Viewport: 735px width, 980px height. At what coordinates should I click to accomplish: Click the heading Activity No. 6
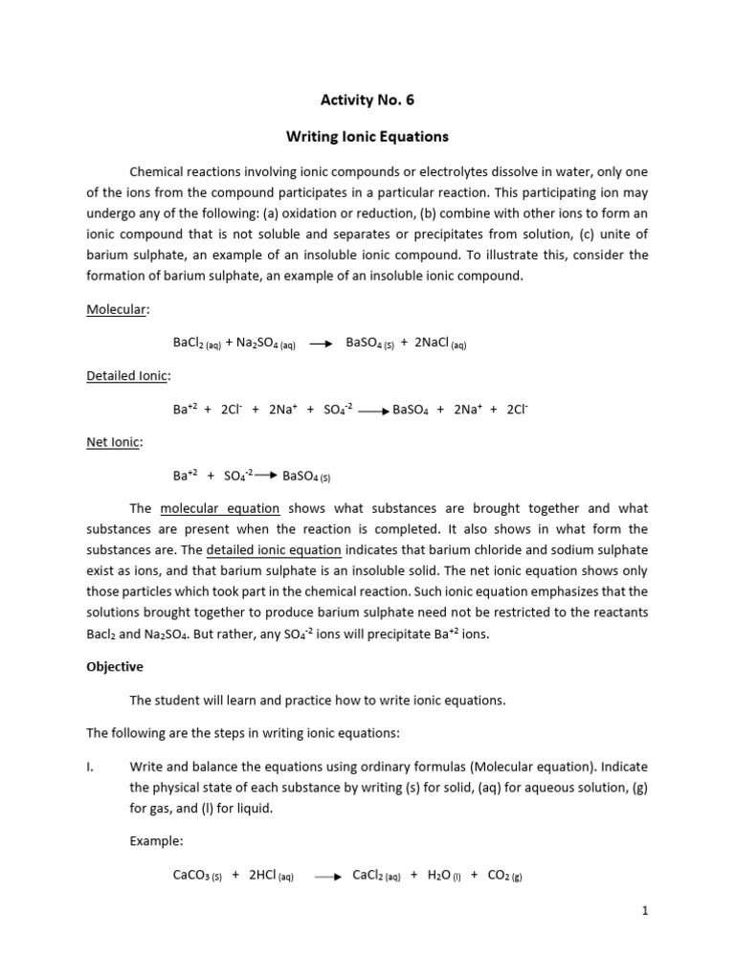coord(367,99)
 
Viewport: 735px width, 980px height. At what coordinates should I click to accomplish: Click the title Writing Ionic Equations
coord(367,136)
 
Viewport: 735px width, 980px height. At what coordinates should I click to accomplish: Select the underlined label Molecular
coord(114,310)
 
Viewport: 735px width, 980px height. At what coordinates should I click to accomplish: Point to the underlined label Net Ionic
coord(114,441)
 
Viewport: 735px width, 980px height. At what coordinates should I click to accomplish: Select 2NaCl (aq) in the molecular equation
coord(440,344)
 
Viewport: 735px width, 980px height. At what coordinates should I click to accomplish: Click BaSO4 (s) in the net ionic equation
coord(306,476)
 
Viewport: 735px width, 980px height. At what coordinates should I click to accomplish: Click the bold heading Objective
coord(115,666)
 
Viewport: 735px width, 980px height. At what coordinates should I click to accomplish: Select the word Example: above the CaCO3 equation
coord(156,840)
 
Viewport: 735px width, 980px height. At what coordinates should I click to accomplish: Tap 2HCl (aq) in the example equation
coord(271,875)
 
